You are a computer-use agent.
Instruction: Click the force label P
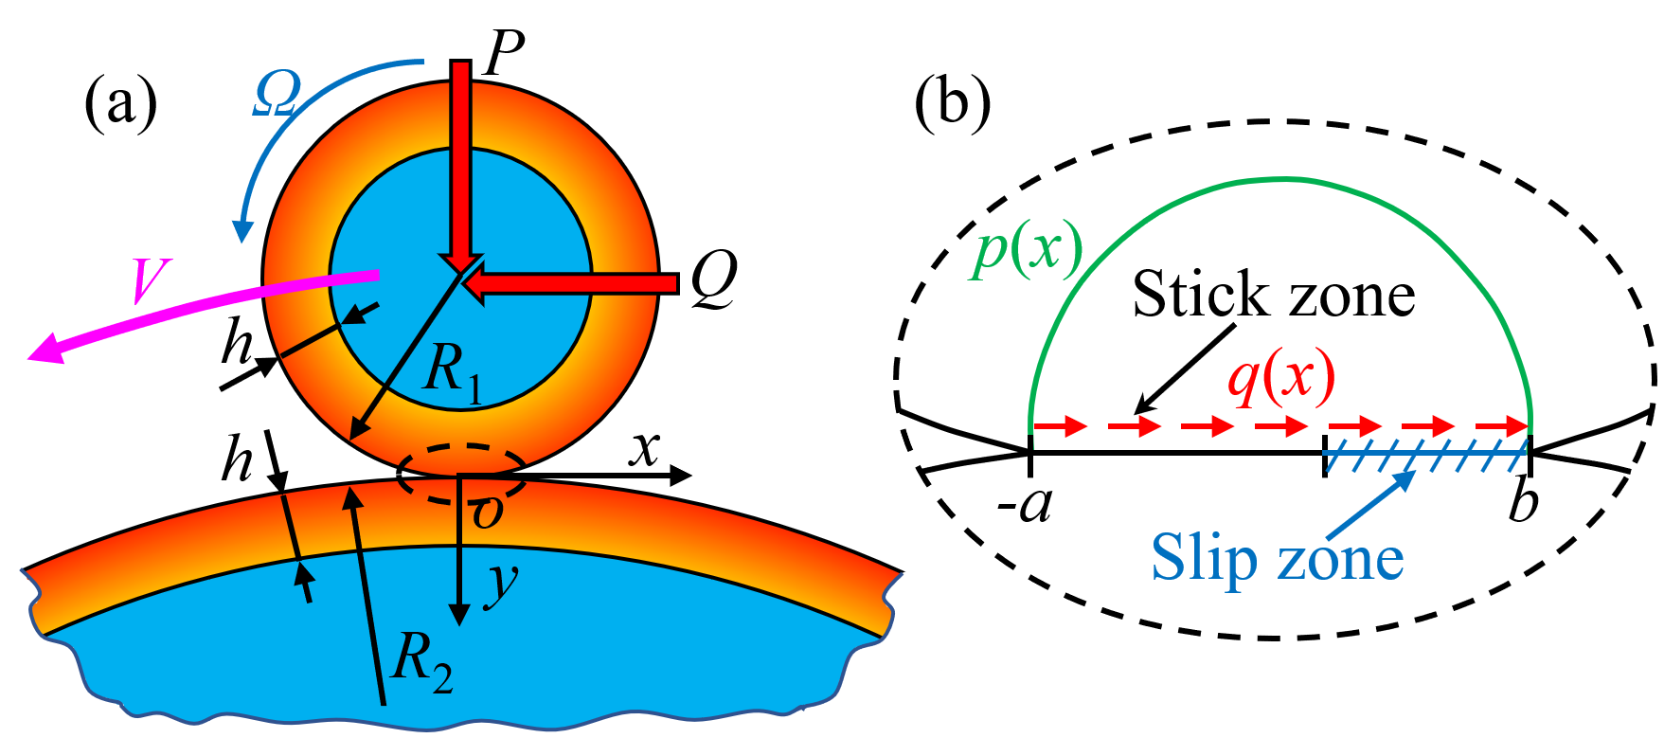pyautogui.click(x=504, y=54)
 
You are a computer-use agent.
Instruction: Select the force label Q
pyautogui.click(x=713, y=280)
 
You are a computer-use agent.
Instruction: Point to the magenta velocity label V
pyautogui.click(x=149, y=280)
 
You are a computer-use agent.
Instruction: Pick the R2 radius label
pyautogui.click(x=421, y=659)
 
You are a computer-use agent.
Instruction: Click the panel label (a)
pyautogui.click(x=120, y=101)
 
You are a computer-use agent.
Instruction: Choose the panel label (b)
pyautogui.click(x=953, y=101)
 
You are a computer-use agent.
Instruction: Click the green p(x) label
pyautogui.click(x=1025, y=252)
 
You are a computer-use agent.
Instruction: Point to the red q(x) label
pyautogui.click(x=1280, y=377)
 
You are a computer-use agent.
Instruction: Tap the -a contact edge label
pyautogui.click(x=1025, y=505)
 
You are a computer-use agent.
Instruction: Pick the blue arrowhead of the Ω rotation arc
pyautogui.click(x=243, y=230)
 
